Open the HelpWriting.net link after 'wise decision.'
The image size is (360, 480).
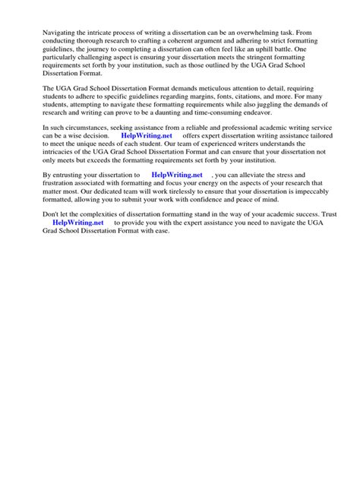[147, 136]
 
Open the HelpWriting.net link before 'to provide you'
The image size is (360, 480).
[77, 224]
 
